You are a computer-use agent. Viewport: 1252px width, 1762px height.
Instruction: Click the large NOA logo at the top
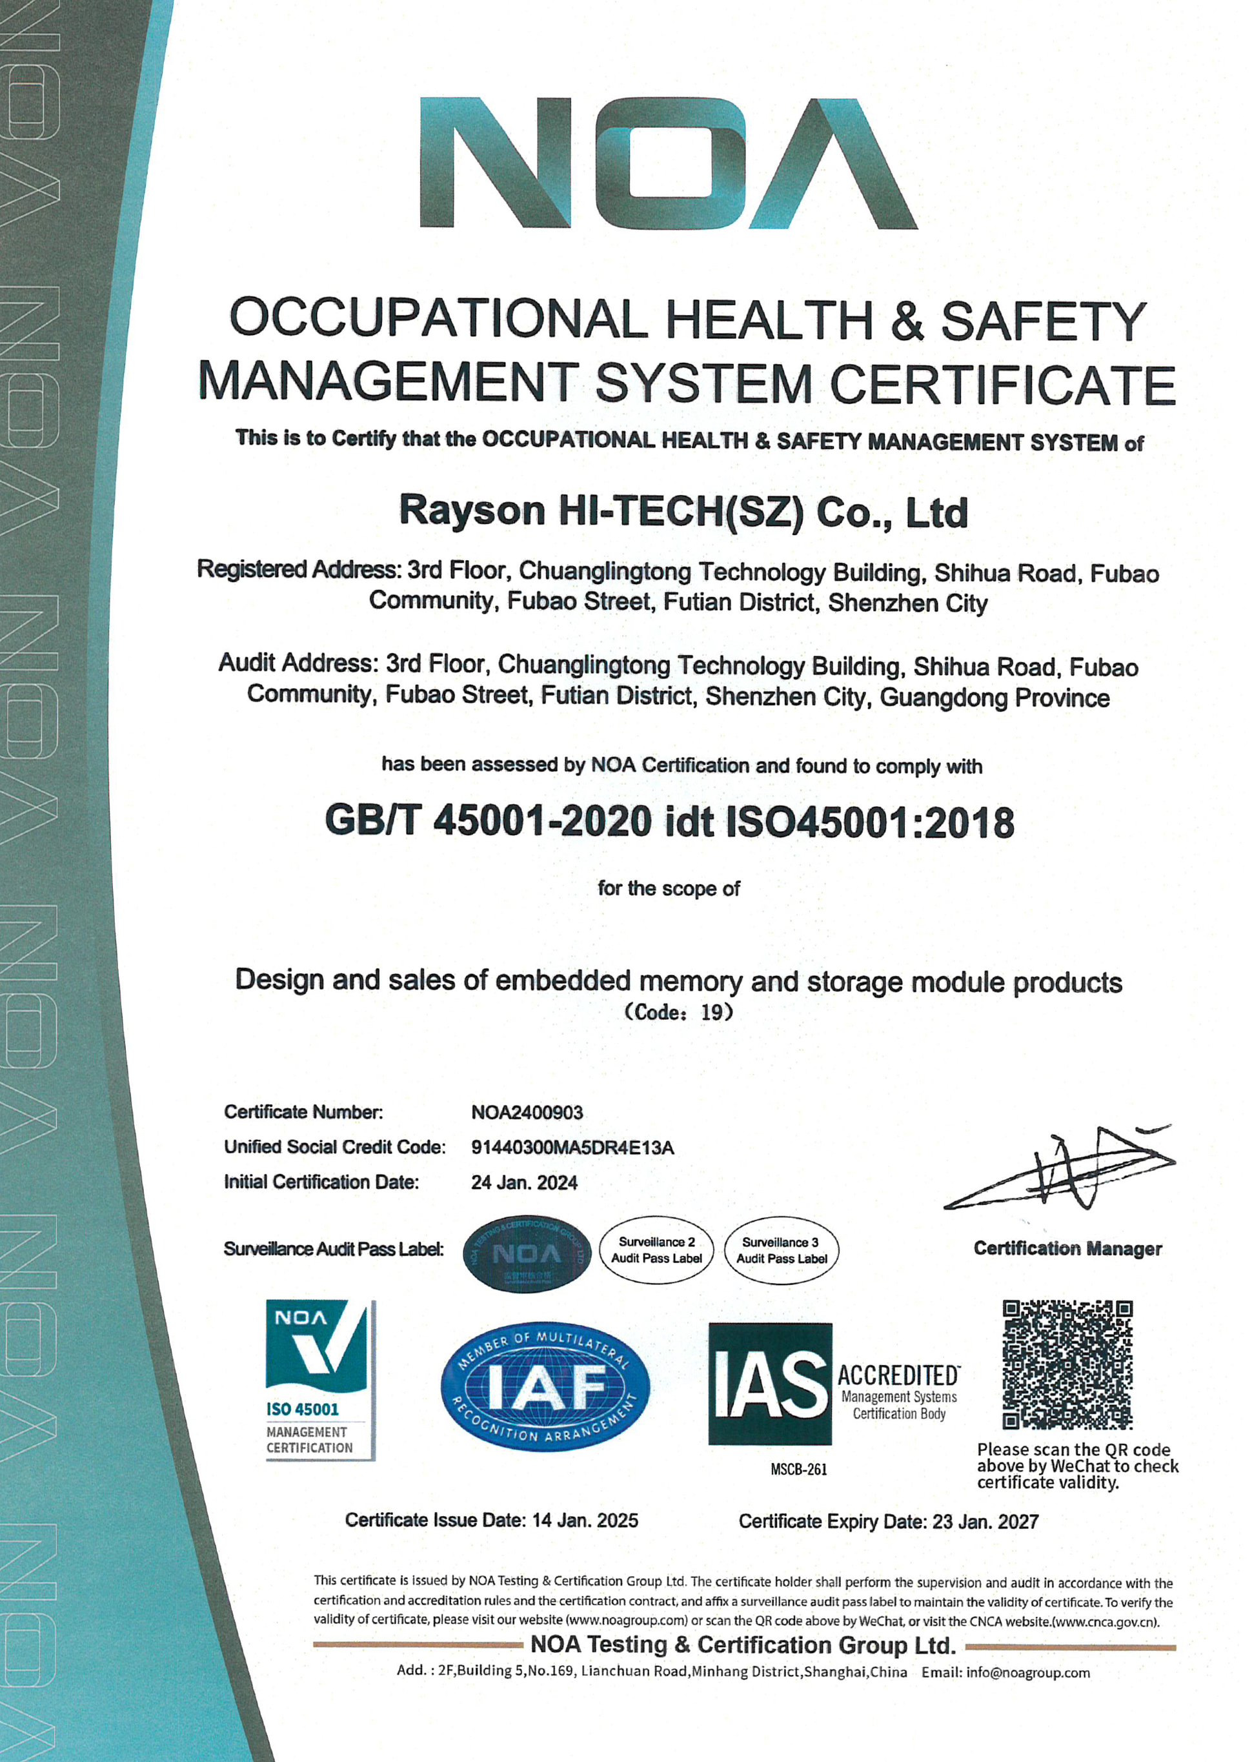[x=668, y=163]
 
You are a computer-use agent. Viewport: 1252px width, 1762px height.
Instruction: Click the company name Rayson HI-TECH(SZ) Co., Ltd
[x=683, y=512]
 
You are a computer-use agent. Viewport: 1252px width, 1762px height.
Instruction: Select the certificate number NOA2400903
[x=527, y=1112]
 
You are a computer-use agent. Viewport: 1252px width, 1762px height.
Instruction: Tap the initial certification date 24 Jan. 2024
[x=524, y=1182]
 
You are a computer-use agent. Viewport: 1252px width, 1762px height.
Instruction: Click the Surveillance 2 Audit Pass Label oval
[x=657, y=1250]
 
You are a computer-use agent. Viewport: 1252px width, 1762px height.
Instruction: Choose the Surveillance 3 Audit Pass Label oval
[x=781, y=1250]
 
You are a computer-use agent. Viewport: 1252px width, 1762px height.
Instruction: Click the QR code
[x=1067, y=1364]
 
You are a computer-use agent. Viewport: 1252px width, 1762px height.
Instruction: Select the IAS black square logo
[x=770, y=1384]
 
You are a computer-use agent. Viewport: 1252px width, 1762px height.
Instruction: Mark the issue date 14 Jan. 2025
[x=585, y=1521]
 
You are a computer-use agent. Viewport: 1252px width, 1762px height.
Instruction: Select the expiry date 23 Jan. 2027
[x=985, y=1521]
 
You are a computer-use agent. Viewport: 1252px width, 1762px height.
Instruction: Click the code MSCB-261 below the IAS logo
[x=799, y=1470]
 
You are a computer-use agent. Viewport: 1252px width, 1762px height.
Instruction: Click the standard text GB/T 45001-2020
[x=488, y=822]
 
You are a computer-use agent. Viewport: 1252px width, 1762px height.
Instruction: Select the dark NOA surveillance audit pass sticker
[x=527, y=1254]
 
